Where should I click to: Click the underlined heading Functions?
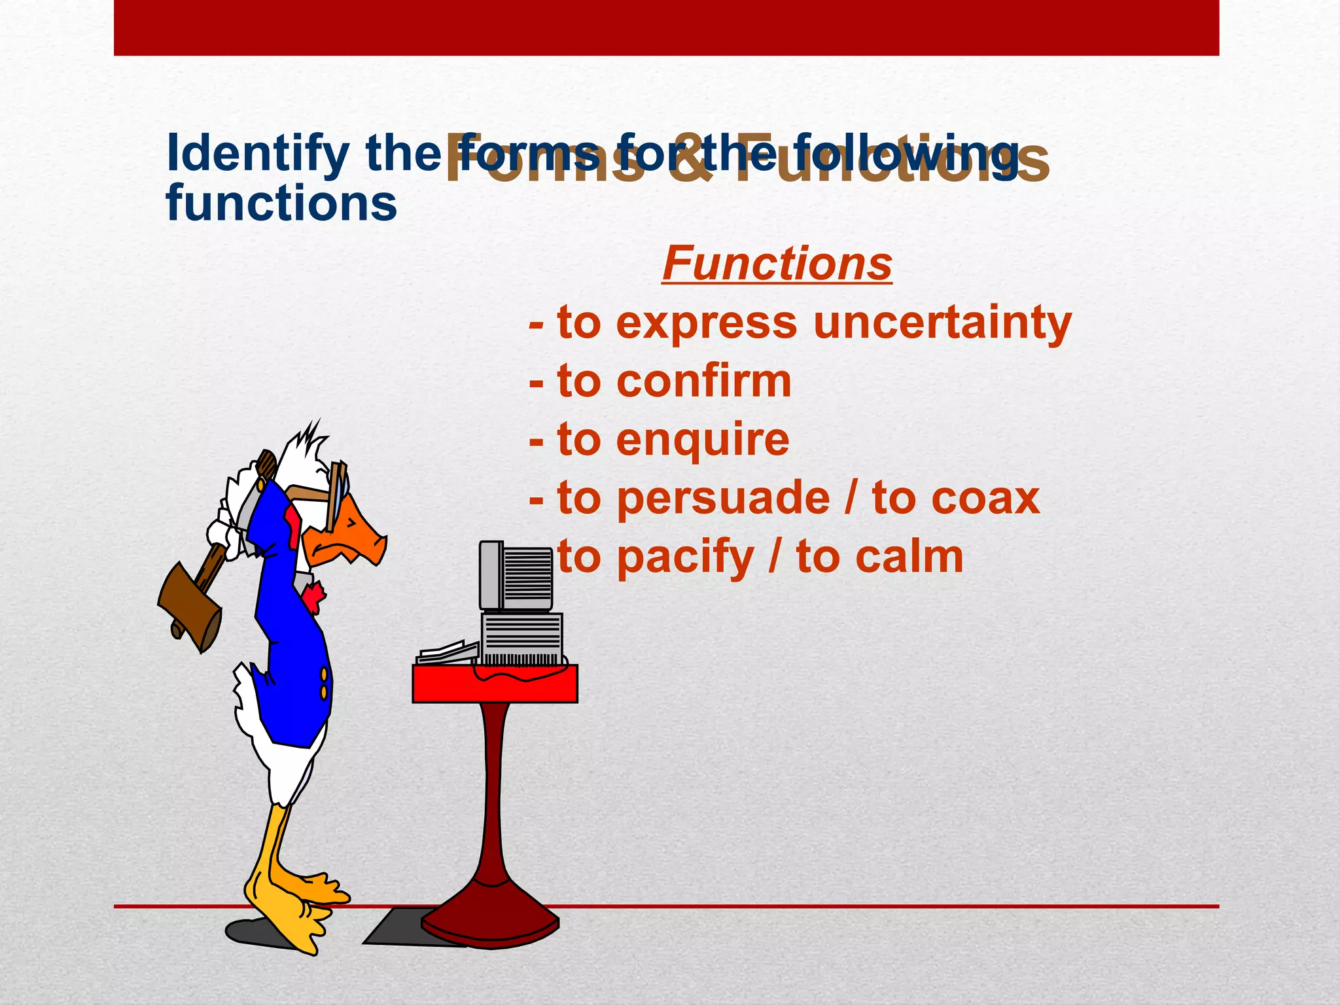[777, 264]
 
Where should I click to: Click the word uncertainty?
[942, 323]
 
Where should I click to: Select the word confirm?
[704, 381]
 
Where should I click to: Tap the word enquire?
[703, 440]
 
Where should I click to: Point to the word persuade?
[723, 499]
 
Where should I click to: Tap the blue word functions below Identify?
[281, 203]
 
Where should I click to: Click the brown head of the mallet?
[190, 605]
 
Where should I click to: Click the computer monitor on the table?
[516, 576]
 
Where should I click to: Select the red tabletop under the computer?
[495, 684]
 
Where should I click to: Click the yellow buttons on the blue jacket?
[323, 682]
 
